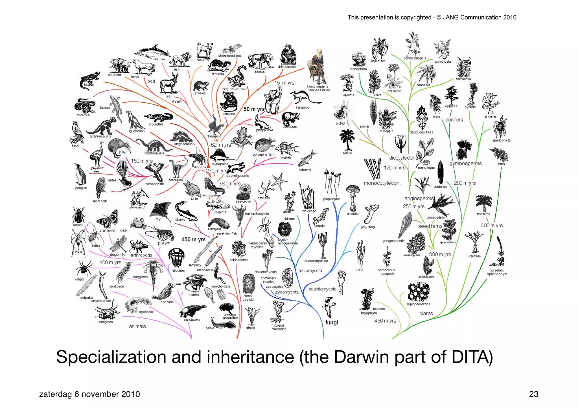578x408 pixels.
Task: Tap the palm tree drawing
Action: [347, 140]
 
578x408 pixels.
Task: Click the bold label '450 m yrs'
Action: [193, 239]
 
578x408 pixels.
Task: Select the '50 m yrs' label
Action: [254, 109]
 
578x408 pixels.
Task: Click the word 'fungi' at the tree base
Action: [331, 322]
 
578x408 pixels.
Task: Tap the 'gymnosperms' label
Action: [465, 164]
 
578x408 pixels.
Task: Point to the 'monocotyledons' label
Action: [382, 183]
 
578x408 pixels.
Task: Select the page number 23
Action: [533, 394]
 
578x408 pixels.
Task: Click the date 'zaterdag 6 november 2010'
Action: [89, 394]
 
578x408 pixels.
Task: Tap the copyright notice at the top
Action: [432, 17]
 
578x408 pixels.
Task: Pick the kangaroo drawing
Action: [303, 98]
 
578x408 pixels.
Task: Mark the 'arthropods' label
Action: [141, 255]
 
